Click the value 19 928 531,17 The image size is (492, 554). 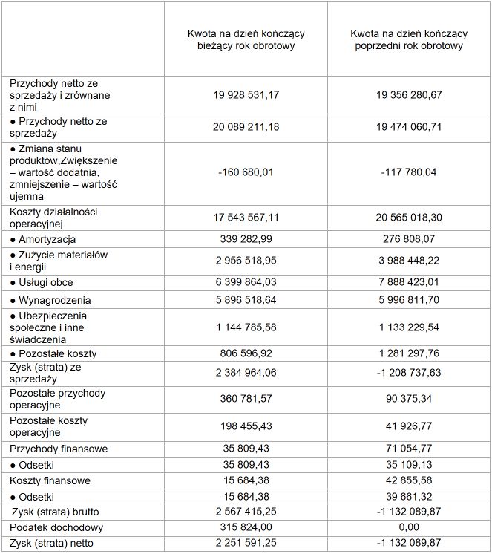tap(246, 95)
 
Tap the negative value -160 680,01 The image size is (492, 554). tap(246, 173)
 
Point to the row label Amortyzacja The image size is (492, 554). tap(48, 240)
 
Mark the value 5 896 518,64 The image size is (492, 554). tap(246, 301)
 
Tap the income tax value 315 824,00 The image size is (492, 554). tap(246, 527)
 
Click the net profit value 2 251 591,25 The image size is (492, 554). tap(246, 543)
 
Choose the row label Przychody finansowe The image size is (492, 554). tap(59, 449)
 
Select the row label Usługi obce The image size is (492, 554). tap(46, 283)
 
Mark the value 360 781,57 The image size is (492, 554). tap(246, 398)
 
